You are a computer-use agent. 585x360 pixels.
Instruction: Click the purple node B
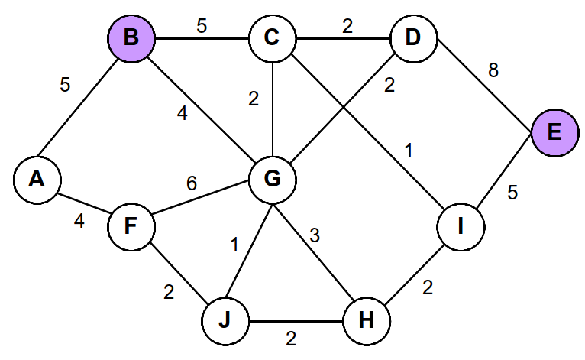(x=132, y=37)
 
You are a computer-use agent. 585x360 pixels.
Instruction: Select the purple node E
(x=554, y=132)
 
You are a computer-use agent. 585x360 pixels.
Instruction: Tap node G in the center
(x=273, y=179)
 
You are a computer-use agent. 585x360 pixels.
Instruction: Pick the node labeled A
(x=36, y=179)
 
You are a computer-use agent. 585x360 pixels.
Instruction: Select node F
(x=131, y=227)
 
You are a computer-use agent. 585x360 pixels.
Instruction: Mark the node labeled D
(x=413, y=37)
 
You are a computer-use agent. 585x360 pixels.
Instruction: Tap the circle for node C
(x=273, y=37)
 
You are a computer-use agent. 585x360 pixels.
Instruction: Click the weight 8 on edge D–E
(x=493, y=71)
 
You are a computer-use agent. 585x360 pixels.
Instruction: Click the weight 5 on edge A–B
(x=65, y=85)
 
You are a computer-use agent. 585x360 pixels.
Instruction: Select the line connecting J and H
(x=296, y=322)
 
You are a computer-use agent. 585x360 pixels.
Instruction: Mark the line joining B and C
(x=202, y=37)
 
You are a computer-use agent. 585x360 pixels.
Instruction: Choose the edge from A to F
(x=84, y=203)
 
